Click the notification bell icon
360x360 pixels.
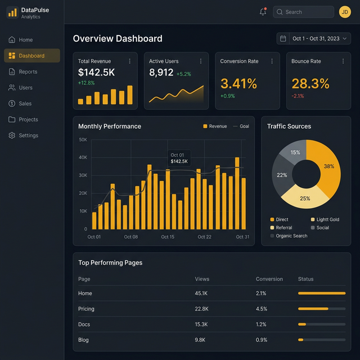tap(263, 12)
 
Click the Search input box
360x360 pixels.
tap(303, 12)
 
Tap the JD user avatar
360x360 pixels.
tap(345, 12)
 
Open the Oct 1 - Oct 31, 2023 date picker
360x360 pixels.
tap(314, 38)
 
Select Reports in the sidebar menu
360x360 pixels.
tap(28, 72)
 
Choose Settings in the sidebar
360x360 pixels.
tap(28, 136)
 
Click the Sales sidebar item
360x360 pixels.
tap(25, 103)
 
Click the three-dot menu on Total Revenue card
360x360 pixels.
tap(130, 61)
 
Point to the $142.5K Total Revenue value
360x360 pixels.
tap(96, 72)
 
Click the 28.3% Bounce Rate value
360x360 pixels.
tap(310, 84)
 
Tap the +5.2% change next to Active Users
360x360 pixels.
tap(183, 74)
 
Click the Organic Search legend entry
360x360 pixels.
tap(291, 236)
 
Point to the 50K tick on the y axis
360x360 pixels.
tap(83, 139)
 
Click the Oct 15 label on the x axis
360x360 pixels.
tap(168, 237)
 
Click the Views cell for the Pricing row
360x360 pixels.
tap(201, 309)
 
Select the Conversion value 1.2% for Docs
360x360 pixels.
tap(261, 325)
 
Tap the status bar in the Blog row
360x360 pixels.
tap(321, 340)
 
